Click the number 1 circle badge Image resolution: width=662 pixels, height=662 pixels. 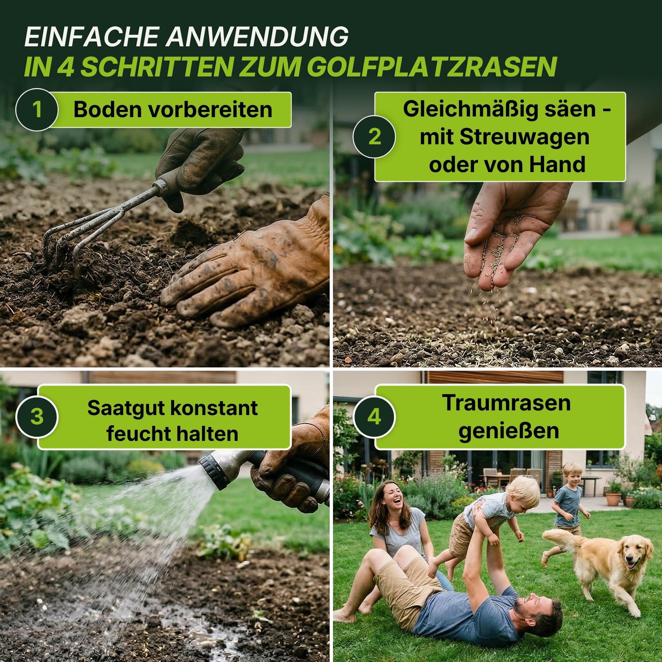37,110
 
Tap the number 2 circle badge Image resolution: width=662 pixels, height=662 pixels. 375,137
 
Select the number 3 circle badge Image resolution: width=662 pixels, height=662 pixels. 37,417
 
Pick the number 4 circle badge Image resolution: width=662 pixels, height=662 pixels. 375,417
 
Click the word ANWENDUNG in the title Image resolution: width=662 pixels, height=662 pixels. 257,37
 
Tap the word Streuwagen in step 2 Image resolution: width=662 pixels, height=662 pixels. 524,137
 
